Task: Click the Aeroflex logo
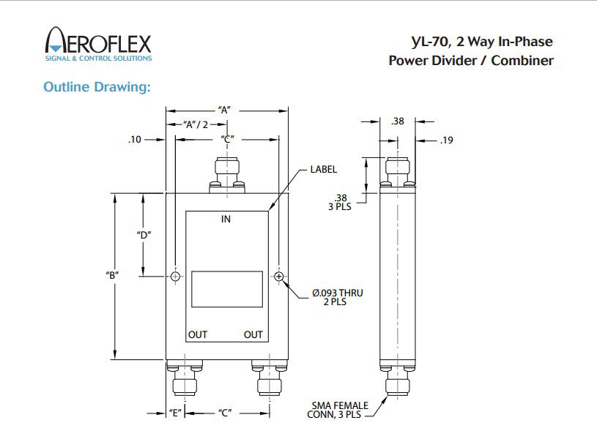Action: [x=98, y=44]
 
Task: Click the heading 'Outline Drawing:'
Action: [x=97, y=87]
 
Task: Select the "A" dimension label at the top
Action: [x=225, y=110]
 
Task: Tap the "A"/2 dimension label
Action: [x=196, y=124]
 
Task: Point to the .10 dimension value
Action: [x=134, y=140]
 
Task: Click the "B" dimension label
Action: [x=112, y=275]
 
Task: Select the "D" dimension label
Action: [x=144, y=235]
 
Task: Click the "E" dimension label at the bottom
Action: [x=175, y=413]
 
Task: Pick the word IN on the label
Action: [x=226, y=219]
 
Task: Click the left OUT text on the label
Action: [x=198, y=334]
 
